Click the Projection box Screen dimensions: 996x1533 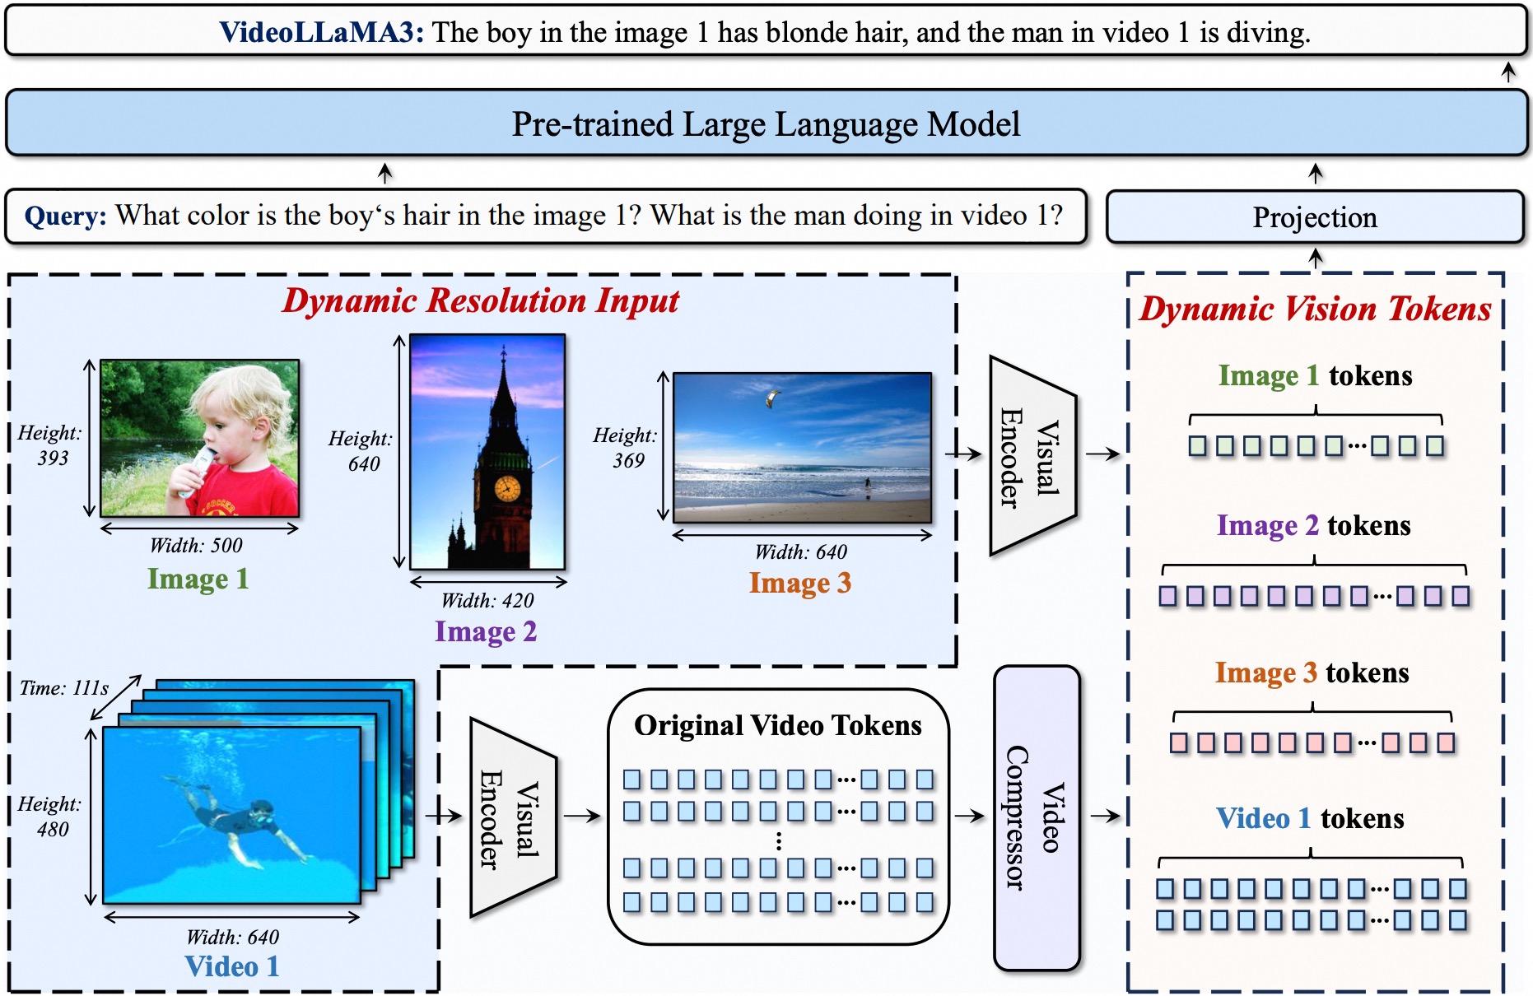1314,217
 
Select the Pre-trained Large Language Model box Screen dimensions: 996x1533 766,124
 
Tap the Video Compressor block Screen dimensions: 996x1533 1037,817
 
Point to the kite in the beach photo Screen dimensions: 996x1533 771,399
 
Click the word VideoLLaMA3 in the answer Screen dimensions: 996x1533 321,32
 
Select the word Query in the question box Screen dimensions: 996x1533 65,216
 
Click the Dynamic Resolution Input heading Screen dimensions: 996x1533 481,301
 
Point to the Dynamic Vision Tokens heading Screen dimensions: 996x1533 1315,310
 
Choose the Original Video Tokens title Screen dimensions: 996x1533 777,725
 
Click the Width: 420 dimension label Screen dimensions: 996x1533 487,600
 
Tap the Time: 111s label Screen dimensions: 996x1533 64,687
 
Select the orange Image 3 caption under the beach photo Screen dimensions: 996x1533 799,583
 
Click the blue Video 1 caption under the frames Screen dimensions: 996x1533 232,966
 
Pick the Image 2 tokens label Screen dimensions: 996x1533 1313,525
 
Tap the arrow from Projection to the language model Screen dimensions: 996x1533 1316,173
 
